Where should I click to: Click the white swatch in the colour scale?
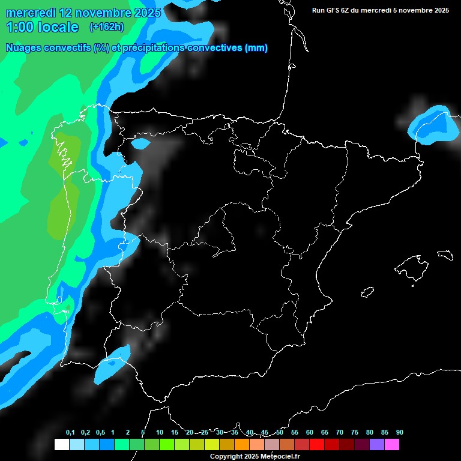(61, 445)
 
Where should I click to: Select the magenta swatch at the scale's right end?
(392, 445)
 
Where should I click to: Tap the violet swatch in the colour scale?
(377, 445)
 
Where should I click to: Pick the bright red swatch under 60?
(317, 445)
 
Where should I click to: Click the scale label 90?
(399, 433)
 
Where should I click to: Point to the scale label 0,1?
(70, 433)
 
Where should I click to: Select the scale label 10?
(159, 433)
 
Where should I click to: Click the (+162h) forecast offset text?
(106, 26)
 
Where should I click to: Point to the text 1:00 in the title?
(18, 26)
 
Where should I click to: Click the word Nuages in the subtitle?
(23, 48)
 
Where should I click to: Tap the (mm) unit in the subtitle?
(256, 48)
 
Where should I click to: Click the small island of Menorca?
(444, 255)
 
